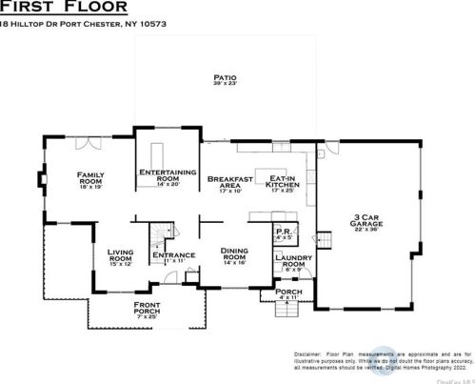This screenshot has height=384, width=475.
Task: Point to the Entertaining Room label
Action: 168,177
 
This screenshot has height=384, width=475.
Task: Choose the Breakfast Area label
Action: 231,183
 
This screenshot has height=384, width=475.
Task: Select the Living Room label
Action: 121,258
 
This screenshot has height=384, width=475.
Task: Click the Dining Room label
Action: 235,255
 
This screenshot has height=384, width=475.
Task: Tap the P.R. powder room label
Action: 283,234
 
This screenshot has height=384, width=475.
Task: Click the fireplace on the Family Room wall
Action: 41,178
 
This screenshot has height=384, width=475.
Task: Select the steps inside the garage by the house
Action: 325,238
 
